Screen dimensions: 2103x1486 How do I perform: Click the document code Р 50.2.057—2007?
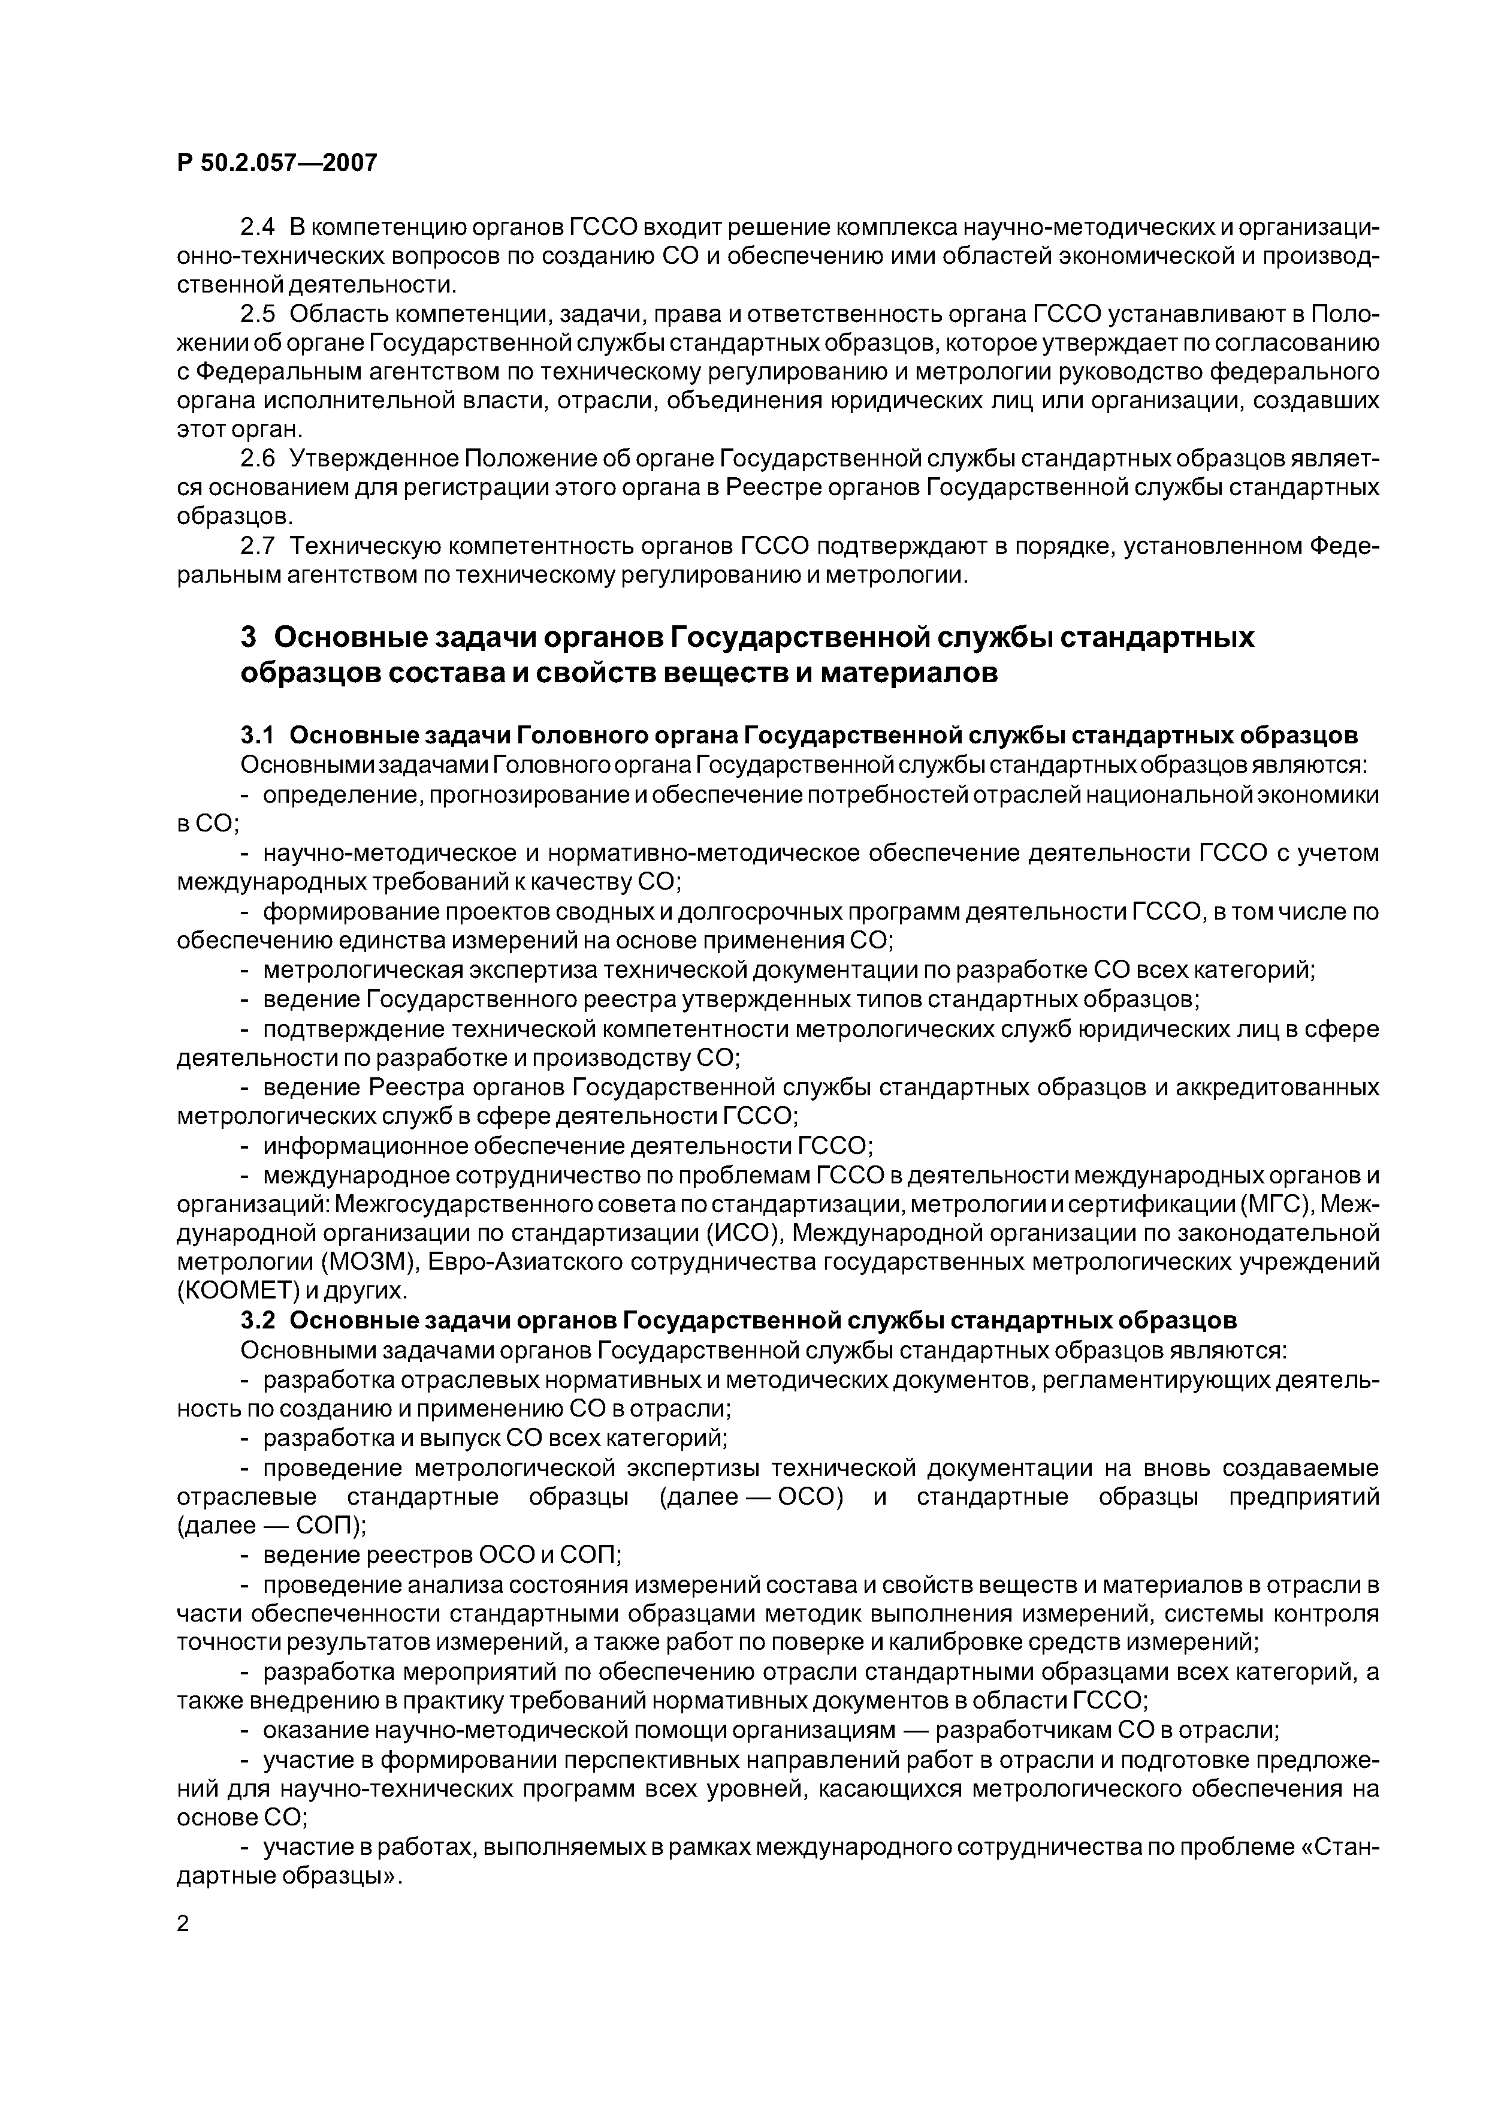276,163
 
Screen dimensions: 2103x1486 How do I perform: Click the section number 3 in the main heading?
248,637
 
